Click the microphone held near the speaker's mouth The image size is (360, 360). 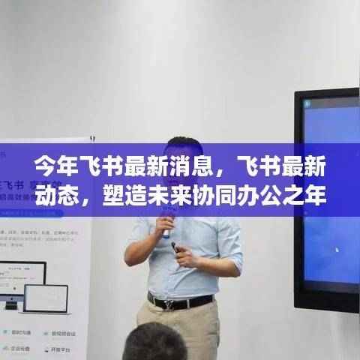166,225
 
